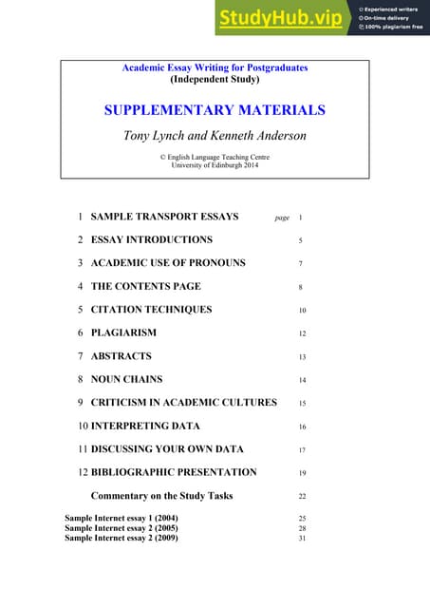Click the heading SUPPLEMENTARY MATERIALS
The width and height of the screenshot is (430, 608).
215,110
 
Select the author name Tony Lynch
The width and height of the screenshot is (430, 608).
157,135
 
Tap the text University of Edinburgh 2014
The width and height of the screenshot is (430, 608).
215,164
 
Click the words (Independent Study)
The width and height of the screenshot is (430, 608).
215,80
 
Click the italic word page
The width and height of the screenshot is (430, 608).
282,218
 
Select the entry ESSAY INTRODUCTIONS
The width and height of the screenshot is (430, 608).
151,240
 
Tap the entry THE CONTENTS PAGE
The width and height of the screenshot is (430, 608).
145,286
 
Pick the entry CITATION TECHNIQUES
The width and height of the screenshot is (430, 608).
151,310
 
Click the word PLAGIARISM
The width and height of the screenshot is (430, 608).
123,332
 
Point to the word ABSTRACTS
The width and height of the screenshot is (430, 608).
121,356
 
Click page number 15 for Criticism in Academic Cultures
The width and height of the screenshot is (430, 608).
302,403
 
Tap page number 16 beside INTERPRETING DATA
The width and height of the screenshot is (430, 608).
302,427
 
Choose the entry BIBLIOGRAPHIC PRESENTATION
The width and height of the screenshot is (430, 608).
174,472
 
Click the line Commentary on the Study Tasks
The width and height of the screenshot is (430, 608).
161,496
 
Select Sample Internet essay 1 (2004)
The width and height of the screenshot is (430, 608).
122,519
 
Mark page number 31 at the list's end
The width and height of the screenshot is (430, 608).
302,539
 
